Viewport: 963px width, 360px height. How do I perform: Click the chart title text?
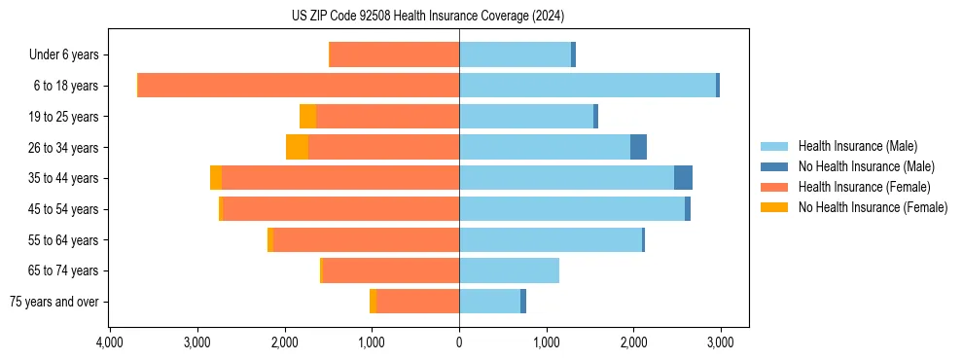click(428, 17)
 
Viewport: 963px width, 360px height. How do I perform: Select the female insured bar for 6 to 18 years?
click(299, 86)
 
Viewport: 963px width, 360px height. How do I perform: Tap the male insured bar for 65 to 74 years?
click(509, 270)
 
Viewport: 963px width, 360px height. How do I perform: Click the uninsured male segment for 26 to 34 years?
click(638, 147)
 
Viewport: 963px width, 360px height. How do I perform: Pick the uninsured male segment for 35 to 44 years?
click(683, 178)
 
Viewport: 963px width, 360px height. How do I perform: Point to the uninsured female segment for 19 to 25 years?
click(307, 117)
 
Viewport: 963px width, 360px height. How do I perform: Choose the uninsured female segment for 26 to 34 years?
click(297, 147)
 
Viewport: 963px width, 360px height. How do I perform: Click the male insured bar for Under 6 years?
click(515, 54)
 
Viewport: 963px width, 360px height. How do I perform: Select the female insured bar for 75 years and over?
click(417, 302)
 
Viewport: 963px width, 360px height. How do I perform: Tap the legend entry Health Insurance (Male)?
click(857, 146)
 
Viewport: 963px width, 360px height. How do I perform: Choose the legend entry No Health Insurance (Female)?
click(873, 207)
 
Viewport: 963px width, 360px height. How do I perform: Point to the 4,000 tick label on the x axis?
click(110, 342)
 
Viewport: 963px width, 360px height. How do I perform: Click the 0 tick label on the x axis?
click(459, 342)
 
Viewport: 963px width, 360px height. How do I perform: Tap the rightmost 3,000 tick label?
click(720, 342)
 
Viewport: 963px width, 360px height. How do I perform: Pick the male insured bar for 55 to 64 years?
click(551, 239)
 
